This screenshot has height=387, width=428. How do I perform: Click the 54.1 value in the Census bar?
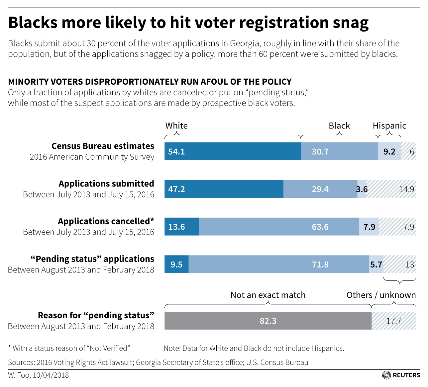click(x=176, y=152)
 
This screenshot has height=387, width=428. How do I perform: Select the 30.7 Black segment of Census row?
click(x=320, y=152)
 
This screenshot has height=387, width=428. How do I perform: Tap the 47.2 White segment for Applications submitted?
click(x=176, y=189)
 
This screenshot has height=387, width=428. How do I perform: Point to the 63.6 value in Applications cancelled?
click(x=320, y=227)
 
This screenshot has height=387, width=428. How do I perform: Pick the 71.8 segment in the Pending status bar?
click(x=320, y=265)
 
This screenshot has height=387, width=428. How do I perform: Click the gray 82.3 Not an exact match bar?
click(x=268, y=321)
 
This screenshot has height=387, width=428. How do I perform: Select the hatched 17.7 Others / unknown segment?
click(x=394, y=321)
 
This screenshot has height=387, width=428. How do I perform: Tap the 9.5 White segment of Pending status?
click(x=176, y=265)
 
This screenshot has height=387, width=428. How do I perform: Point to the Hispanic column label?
click(x=389, y=126)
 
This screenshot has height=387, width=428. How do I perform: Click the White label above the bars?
click(x=176, y=126)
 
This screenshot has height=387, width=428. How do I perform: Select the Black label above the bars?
click(x=339, y=126)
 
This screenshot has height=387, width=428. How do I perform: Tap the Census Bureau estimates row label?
click(x=103, y=146)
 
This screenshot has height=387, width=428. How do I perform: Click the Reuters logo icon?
click(x=386, y=375)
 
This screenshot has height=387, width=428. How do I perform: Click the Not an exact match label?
click(x=268, y=295)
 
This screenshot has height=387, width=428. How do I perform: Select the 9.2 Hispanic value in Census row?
click(x=389, y=152)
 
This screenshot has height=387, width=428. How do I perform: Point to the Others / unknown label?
click(x=381, y=295)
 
